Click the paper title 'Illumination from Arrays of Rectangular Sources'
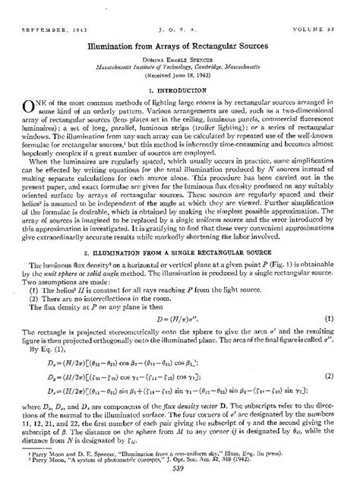click(181, 35)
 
